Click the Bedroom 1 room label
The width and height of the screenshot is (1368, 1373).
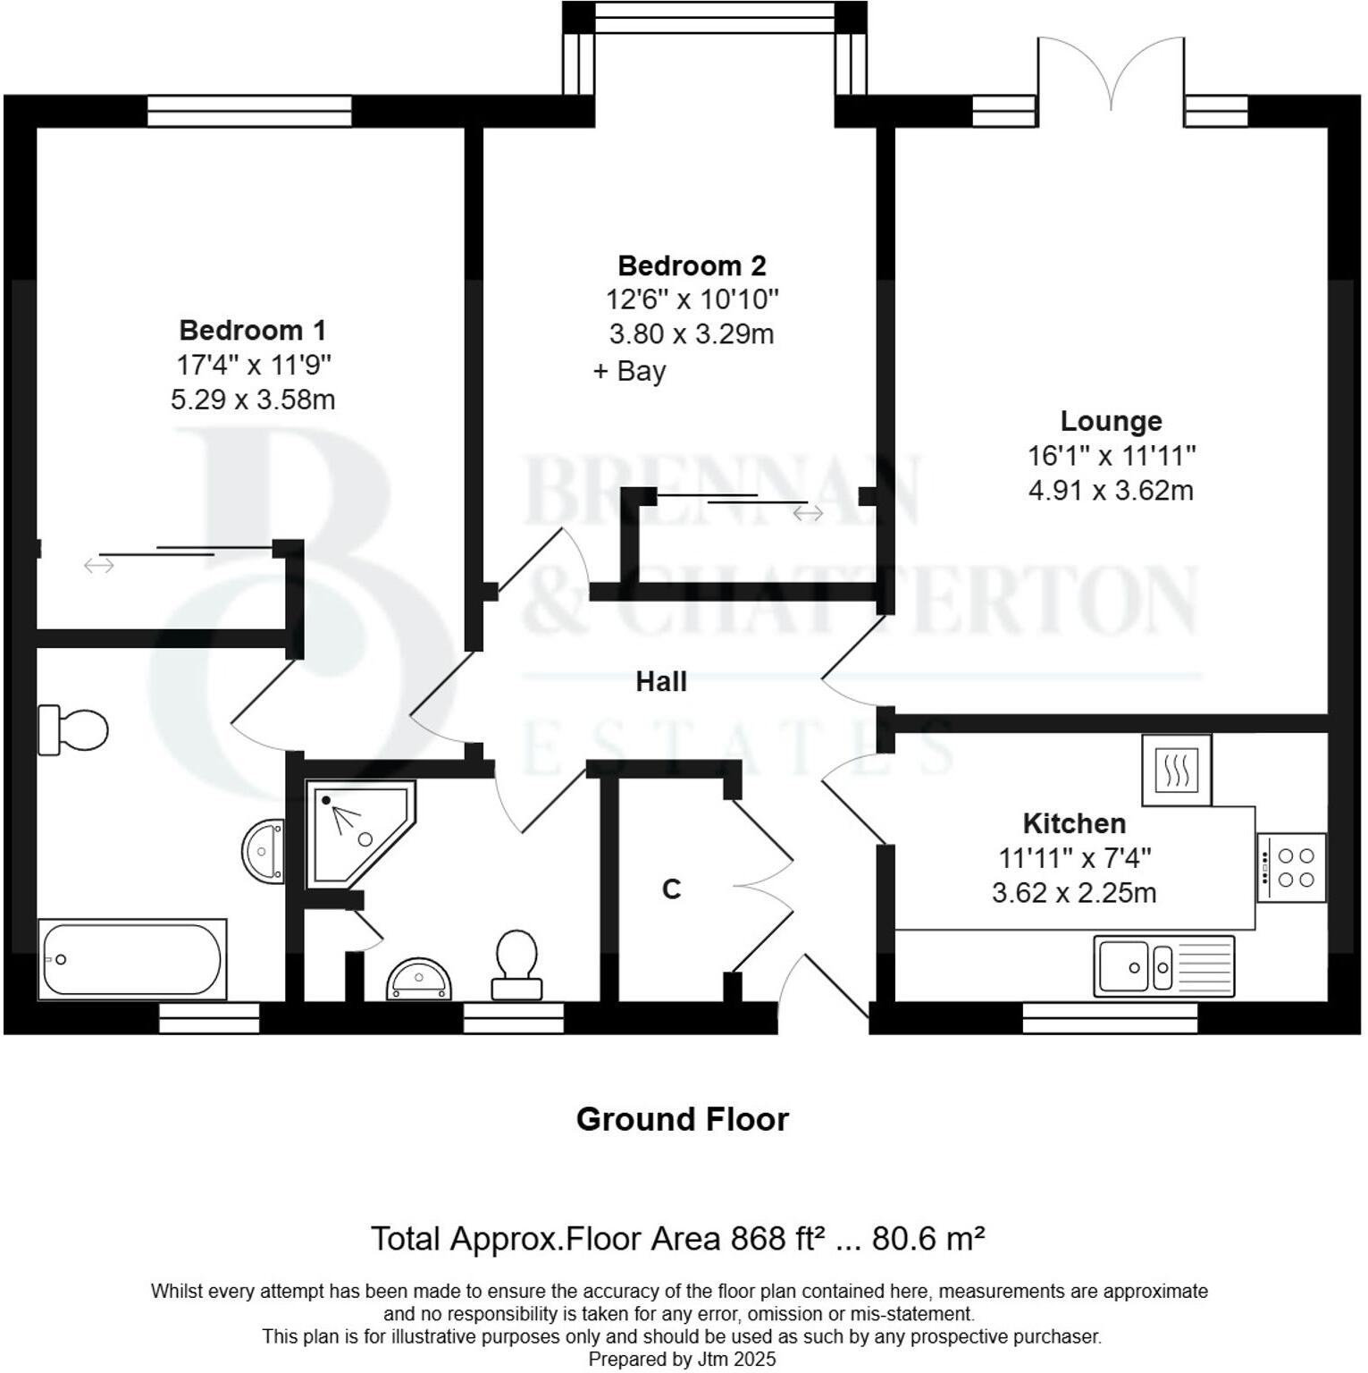coord(252,330)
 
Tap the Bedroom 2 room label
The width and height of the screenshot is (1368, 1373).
coord(692,265)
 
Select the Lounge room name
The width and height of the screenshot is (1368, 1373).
coord(1111,421)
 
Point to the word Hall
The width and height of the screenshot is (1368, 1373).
coord(661,682)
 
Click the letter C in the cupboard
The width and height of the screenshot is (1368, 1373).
coord(671,889)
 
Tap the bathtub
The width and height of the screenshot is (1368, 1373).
coord(131,959)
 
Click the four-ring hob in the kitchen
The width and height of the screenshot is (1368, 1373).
coord(1291,867)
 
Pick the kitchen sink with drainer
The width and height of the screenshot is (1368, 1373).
coord(1163,966)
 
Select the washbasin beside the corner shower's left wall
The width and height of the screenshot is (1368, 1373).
coord(264,851)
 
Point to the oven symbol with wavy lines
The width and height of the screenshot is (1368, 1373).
coord(1176,770)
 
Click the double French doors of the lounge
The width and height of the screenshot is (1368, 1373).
coord(1111,76)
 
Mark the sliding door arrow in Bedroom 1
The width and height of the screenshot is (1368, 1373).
coord(99,565)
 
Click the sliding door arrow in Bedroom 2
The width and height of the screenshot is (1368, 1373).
coord(808,513)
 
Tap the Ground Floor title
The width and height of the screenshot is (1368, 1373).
coord(683,1119)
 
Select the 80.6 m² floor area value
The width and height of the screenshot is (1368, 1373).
coord(927,1239)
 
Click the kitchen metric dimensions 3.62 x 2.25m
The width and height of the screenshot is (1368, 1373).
coord(1074,893)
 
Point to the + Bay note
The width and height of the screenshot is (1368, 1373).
coord(630,371)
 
